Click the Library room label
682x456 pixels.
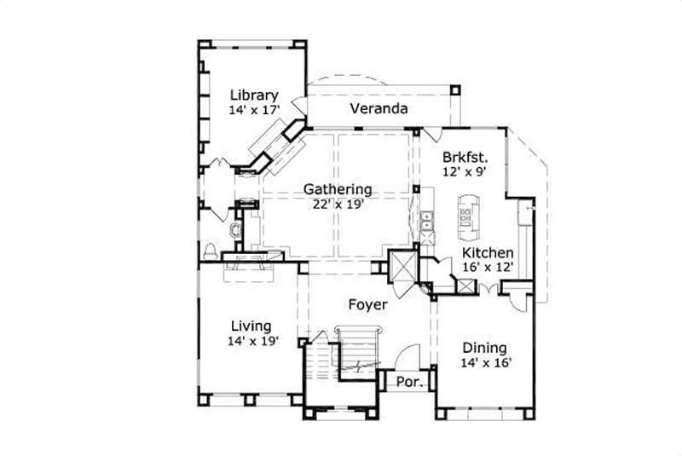pos(253,95)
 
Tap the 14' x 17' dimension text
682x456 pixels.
pos(253,110)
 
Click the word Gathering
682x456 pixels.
pos(338,189)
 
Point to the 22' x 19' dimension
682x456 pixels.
pos(338,204)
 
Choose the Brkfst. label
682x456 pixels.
pos(465,157)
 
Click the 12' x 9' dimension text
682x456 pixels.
pos(465,171)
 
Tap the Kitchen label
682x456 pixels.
pos(488,253)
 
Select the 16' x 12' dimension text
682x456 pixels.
pos(488,268)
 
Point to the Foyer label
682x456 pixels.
pos(367,304)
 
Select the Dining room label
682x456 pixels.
pos(484,348)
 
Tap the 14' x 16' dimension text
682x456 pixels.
pos(484,362)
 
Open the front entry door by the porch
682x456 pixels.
pos(409,356)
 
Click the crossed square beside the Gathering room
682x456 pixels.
pos(401,266)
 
